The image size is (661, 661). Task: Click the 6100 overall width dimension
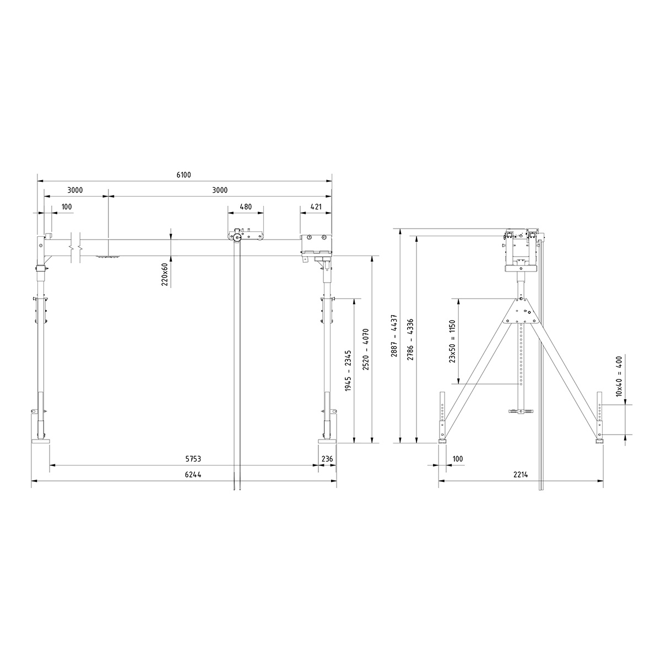(x=183, y=175)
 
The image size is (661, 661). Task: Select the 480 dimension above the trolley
(x=245, y=207)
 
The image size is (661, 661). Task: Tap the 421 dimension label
(x=316, y=207)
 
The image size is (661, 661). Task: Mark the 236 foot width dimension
(x=327, y=459)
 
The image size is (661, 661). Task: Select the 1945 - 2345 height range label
(x=348, y=371)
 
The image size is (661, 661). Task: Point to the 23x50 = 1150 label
(x=452, y=342)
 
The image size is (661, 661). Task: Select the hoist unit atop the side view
(x=521, y=248)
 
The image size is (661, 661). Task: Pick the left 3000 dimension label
(x=75, y=191)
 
